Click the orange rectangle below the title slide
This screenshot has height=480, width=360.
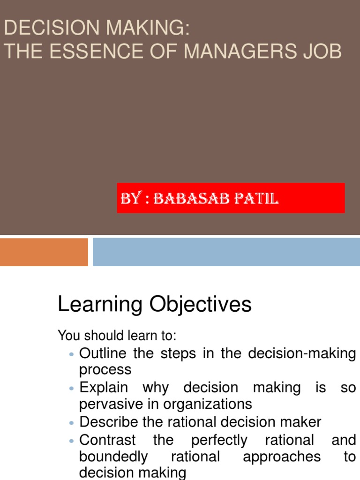(44, 252)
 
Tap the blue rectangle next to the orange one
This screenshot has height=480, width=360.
(226, 252)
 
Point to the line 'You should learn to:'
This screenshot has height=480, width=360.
(117, 336)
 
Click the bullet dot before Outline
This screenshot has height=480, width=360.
(72, 354)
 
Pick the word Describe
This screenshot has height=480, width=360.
(109, 422)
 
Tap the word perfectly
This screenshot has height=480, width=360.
(218, 440)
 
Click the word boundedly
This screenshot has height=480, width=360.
(113, 457)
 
